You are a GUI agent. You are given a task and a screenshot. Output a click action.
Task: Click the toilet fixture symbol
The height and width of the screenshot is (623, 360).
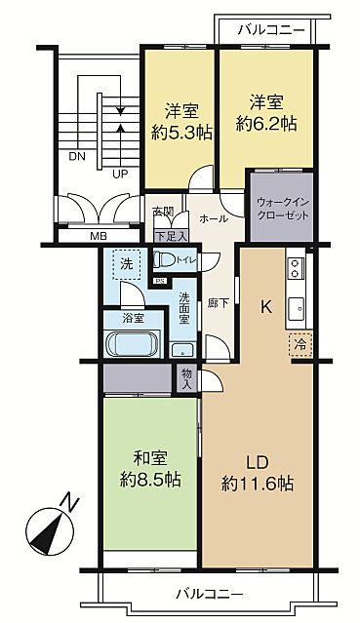[165, 261]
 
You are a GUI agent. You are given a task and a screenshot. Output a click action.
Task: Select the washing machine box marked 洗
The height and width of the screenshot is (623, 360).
[127, 264]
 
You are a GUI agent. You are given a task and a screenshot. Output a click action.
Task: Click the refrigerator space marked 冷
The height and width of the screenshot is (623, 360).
[300, 344]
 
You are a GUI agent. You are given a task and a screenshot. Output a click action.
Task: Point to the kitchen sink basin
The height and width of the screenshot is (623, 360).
[296, 307]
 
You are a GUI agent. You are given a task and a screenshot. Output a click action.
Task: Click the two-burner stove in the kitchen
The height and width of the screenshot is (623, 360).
[296, 268]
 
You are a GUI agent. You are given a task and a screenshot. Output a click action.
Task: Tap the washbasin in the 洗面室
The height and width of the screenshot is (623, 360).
[182, 350]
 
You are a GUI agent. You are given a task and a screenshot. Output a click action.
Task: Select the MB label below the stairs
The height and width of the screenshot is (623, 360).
[98, 236]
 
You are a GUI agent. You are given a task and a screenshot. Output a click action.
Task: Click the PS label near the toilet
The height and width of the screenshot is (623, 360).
[161, 282]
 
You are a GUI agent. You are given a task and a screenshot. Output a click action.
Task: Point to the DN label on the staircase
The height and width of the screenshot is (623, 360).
[77, 156]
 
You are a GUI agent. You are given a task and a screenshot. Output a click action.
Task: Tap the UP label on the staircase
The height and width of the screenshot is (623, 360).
[120, 174]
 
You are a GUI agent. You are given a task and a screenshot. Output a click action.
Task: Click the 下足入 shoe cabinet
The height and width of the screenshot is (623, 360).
[171, 236]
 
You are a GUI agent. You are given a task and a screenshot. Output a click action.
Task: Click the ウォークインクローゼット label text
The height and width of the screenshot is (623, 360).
[282, 209]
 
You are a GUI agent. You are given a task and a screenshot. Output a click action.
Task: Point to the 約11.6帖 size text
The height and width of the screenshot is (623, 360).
[258, 484]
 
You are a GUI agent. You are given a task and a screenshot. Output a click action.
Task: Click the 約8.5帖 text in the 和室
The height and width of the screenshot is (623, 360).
[151, 480]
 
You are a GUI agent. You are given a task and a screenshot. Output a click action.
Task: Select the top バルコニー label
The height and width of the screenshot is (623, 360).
[271, 30]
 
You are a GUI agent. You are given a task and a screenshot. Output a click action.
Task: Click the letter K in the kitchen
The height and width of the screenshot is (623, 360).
[265, 307]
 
